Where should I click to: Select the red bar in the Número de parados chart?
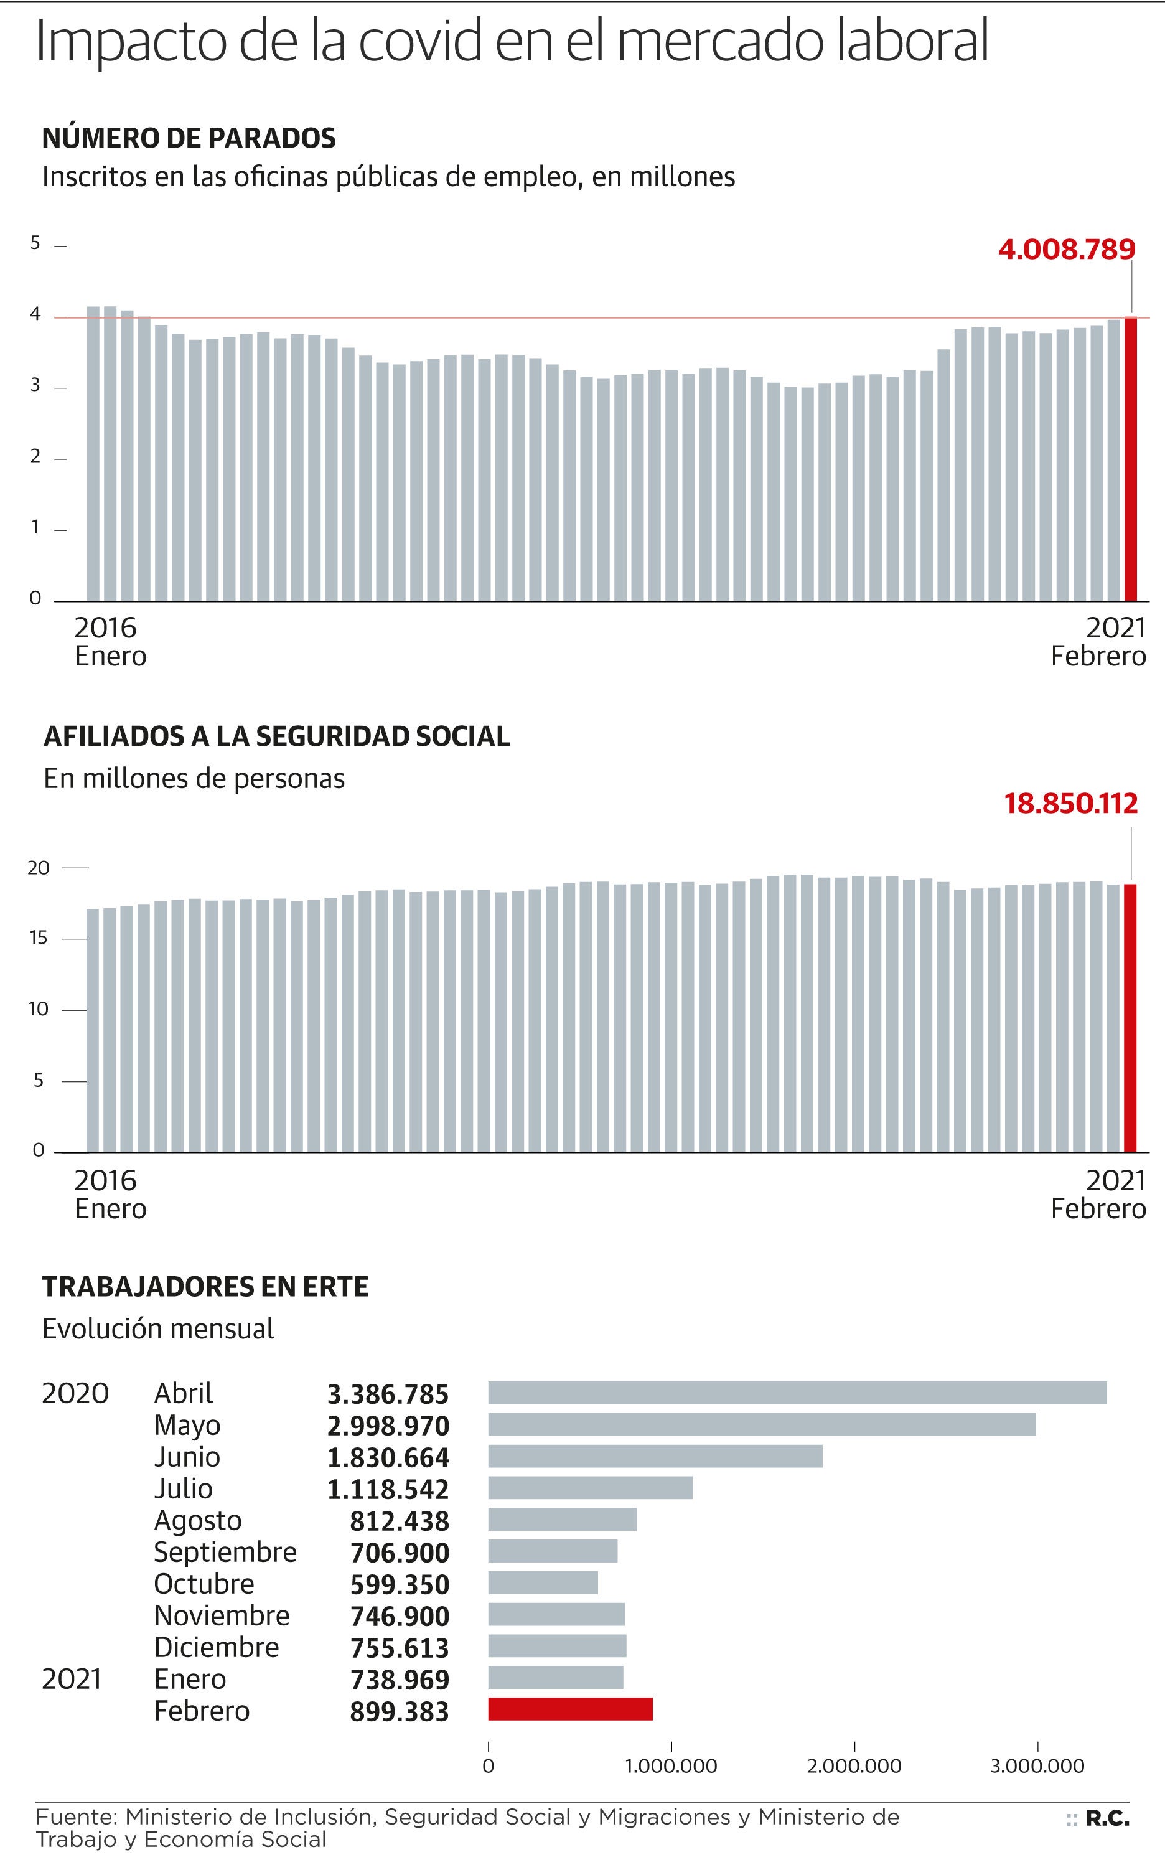click(1130, 459)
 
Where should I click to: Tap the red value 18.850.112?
click(1070, 804)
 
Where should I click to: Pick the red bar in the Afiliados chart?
click(1130, 1017)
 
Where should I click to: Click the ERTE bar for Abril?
click(797, 1393)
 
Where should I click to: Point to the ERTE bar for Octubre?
click(543, 1582)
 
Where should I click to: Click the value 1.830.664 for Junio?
click(388, 1457)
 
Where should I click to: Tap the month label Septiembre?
click(225, 1552)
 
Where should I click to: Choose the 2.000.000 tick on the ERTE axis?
click(854, 1765)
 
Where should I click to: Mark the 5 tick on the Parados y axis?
click(35, 243)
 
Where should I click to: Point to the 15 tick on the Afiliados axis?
click(38, 938)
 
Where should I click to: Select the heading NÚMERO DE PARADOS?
click(189, 138)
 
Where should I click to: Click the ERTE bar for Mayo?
click(761, 1425)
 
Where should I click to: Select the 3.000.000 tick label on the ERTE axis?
click(1037, 1765)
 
